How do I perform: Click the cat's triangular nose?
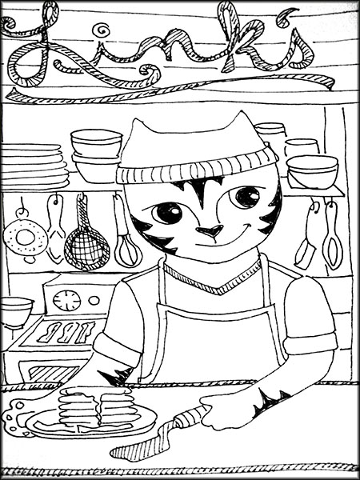tap(210, 232)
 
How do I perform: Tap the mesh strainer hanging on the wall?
tap(86, 245)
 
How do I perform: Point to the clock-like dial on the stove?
tap(66, 301)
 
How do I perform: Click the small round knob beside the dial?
tap(94, 300)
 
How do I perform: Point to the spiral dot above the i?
tap(102, 30)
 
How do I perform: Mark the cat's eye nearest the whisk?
tap(168, 212)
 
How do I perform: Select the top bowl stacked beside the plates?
tap(96, 142)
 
